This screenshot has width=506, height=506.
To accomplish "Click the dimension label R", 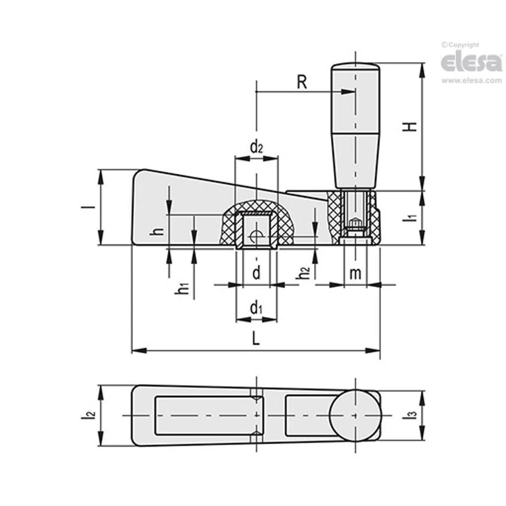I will point(302,82).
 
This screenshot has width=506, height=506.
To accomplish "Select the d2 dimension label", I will point(256,147).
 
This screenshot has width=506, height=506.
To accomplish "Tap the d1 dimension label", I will point(256,309).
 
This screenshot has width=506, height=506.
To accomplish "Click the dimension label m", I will point(355,273).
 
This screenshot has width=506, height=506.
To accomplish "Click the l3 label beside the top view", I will point(412,415).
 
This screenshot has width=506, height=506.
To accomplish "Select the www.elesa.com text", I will point(471,80).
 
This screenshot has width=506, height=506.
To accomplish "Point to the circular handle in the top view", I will point(355,416).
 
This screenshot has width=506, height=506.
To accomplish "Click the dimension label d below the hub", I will point(257,273).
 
